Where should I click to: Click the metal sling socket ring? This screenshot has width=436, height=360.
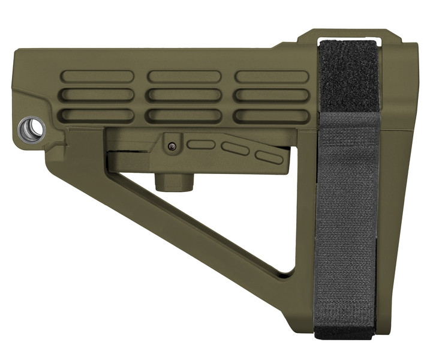32,128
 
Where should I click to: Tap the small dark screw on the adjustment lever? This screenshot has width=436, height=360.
172,145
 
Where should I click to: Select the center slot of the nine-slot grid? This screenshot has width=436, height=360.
185,95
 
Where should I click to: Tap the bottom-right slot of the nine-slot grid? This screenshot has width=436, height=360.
272,115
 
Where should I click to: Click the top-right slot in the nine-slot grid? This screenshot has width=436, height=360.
272,76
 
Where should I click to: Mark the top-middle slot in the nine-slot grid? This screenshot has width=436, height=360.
185,76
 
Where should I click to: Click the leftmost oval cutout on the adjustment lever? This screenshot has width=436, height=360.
201,144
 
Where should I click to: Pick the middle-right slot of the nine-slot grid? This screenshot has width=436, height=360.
272,95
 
